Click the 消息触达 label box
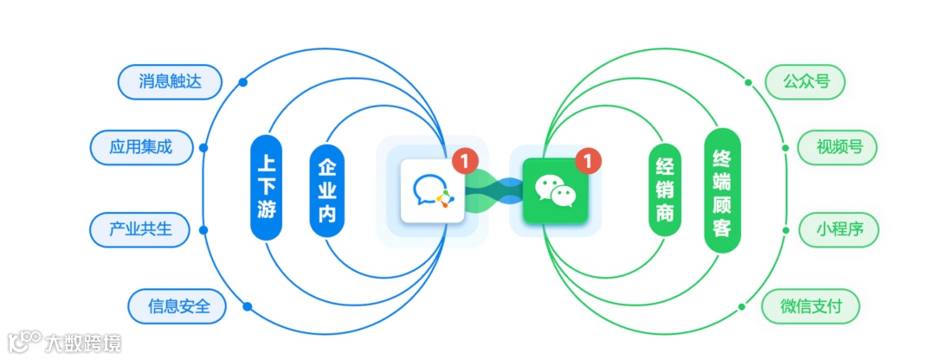(x=169, y=82)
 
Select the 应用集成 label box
(x=140, y=147)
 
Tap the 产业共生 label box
(x=139, y=229)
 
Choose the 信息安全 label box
(x=176, y=305)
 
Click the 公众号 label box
(x=805, y=82)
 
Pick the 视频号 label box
(x=837, y=147)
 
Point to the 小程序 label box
(x=837, y=229)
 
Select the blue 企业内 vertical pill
(x=326, y=190)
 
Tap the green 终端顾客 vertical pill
(x=723, y=190)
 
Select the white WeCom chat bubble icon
(x=432, y=192)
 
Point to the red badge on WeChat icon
(x=589, y=160)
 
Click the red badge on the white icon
(x=466, y=160)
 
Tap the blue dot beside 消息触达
(x=243, y=83)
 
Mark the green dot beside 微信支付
(x=742, y=305)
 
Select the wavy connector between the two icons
(x=493, y=191)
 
